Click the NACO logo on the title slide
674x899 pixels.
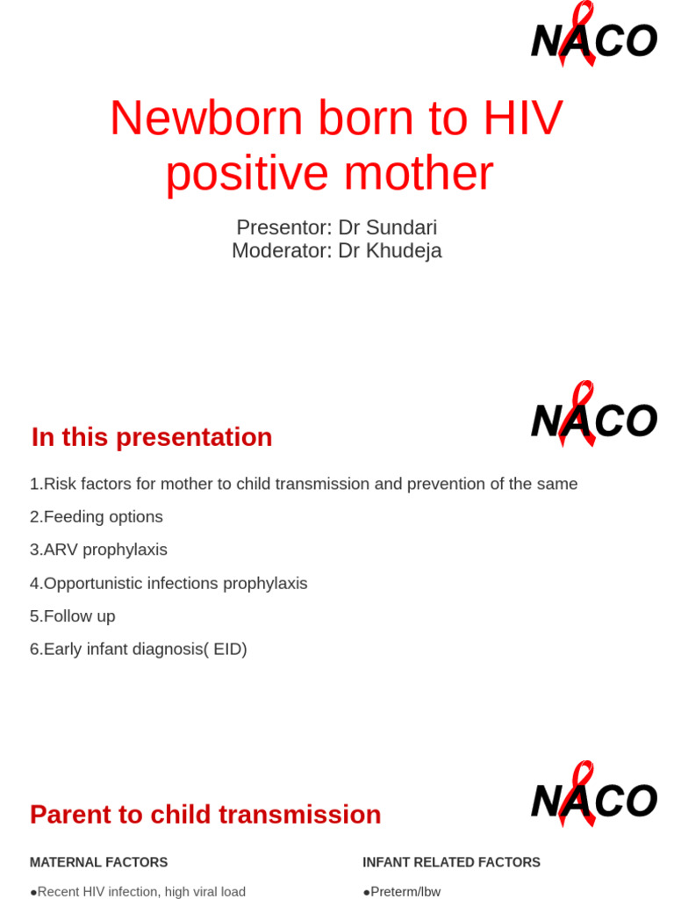(x=593, y=39)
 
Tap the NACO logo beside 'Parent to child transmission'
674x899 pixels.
(x=593, y=798)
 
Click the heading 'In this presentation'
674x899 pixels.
(x=152, y=437)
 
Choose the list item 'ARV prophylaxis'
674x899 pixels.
(x=98, y=550)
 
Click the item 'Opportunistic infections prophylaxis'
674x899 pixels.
(x=168, y=583)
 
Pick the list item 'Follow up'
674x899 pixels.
(x=73, y=616)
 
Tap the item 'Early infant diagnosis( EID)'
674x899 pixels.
(x=139, y=650)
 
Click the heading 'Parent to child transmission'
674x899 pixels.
(x=205, y=815)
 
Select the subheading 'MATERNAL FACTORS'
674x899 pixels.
(x=98, y=863)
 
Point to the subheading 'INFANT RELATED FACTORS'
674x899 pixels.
(x=451, y=863)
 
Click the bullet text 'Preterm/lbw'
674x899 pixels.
(x=405, y=892)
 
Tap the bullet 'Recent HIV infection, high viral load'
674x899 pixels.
(x=140, y=892)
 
